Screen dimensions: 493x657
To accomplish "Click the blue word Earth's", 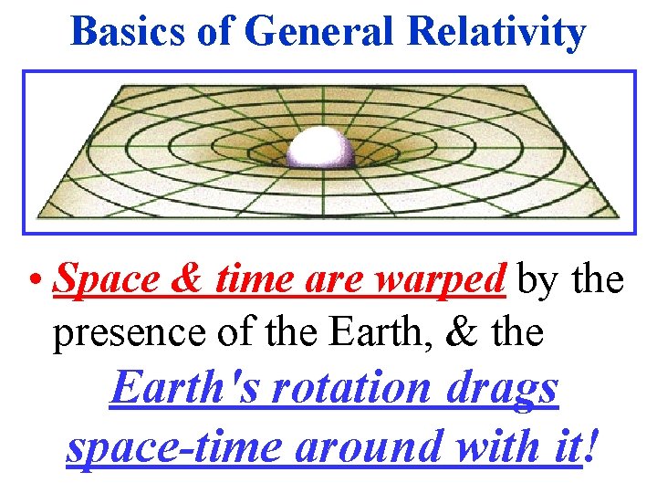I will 182,391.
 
